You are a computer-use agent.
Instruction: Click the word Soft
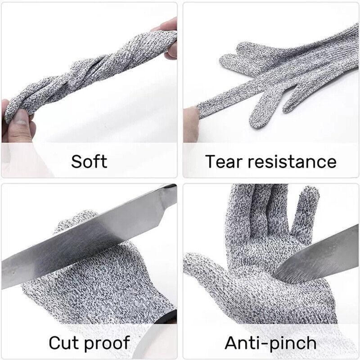(x=89, y=161)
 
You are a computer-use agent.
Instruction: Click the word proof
(x=108, y=343)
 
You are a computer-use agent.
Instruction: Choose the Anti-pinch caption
(x=270, y=342)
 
